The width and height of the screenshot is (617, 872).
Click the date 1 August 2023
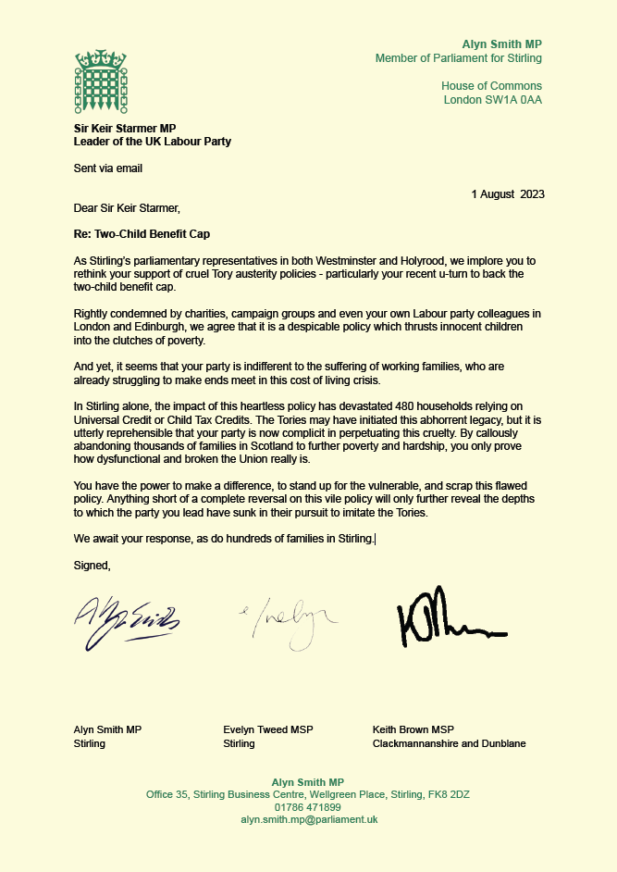click(x=508, y=194)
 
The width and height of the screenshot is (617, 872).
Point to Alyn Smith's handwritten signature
click(x=127, y=617)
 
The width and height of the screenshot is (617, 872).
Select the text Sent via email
click(x=108, y=168)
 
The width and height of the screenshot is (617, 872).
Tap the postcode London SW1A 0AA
click(x=492, y=100)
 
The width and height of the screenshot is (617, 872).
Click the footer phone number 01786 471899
click(x=308, y=807)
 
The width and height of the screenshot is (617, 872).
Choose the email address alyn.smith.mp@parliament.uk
click(x=308, y=819)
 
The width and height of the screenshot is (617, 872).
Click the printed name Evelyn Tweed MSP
click(x=268, y=729)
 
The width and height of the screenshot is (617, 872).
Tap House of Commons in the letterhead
click(x=491, y=87)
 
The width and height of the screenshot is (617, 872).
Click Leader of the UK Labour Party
click(x=153, y=142)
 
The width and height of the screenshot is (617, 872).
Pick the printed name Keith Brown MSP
click(x=413, y=729)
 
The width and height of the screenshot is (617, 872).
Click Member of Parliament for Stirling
click(x=458, y=58)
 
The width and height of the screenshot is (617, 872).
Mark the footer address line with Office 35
click(x=308, y=794)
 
